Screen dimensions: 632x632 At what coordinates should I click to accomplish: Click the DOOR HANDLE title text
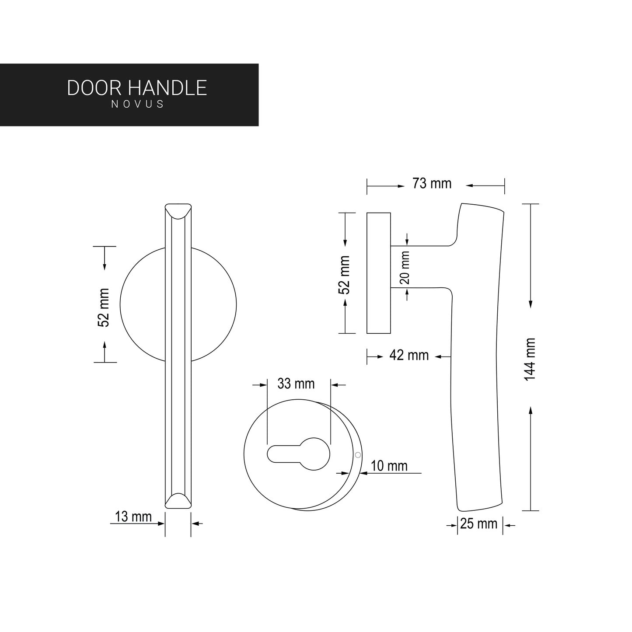tap(137, 88)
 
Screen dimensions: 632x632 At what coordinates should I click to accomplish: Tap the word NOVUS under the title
tap(137, 105)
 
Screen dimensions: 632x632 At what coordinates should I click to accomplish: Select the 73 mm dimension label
tap(432, 184)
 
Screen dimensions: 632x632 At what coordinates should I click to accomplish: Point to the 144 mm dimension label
tap(530, 359)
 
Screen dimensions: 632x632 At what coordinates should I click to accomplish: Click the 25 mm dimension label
tap(479, 524)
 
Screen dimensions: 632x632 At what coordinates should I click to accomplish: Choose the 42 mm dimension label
tap(409, 355)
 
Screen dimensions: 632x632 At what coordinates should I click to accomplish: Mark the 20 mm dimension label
tap(405, 267)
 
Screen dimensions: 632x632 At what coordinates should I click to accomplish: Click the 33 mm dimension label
tap(296, 384)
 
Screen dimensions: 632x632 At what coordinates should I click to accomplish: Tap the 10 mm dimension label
tap(389, 466)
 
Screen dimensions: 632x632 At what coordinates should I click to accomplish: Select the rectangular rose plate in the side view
tap(378, 273)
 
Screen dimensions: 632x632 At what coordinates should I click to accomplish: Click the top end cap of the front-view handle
tap(178, 210)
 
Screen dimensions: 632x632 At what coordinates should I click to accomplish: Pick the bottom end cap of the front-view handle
tap(178, 500)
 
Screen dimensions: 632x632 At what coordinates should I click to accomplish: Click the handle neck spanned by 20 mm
tap(420, 266)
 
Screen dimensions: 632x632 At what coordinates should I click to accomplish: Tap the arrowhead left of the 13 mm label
tap(161, 523)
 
